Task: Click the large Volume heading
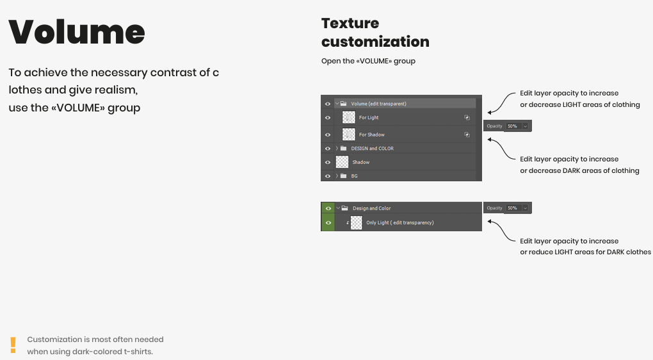point(77,31)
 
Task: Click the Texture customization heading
point(375,33)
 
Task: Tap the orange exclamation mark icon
point(13,345)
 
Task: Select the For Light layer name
point(369,117)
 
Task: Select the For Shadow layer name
point(371,135)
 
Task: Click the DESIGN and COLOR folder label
point(372,149)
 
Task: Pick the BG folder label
point(354,176)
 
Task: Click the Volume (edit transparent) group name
point(378,104)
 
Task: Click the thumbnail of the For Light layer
point(348,117)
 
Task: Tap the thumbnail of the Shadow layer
point(342,161)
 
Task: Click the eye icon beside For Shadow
point(328,135)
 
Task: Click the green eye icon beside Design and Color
point(328,208)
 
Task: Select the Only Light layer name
point(399,222)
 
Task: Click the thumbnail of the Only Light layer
point(357,222)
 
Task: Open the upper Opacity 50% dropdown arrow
point(525,126)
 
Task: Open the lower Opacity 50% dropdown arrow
point(525,208)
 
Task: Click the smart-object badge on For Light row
point(467,117)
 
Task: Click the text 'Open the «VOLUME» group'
point(368,61)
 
